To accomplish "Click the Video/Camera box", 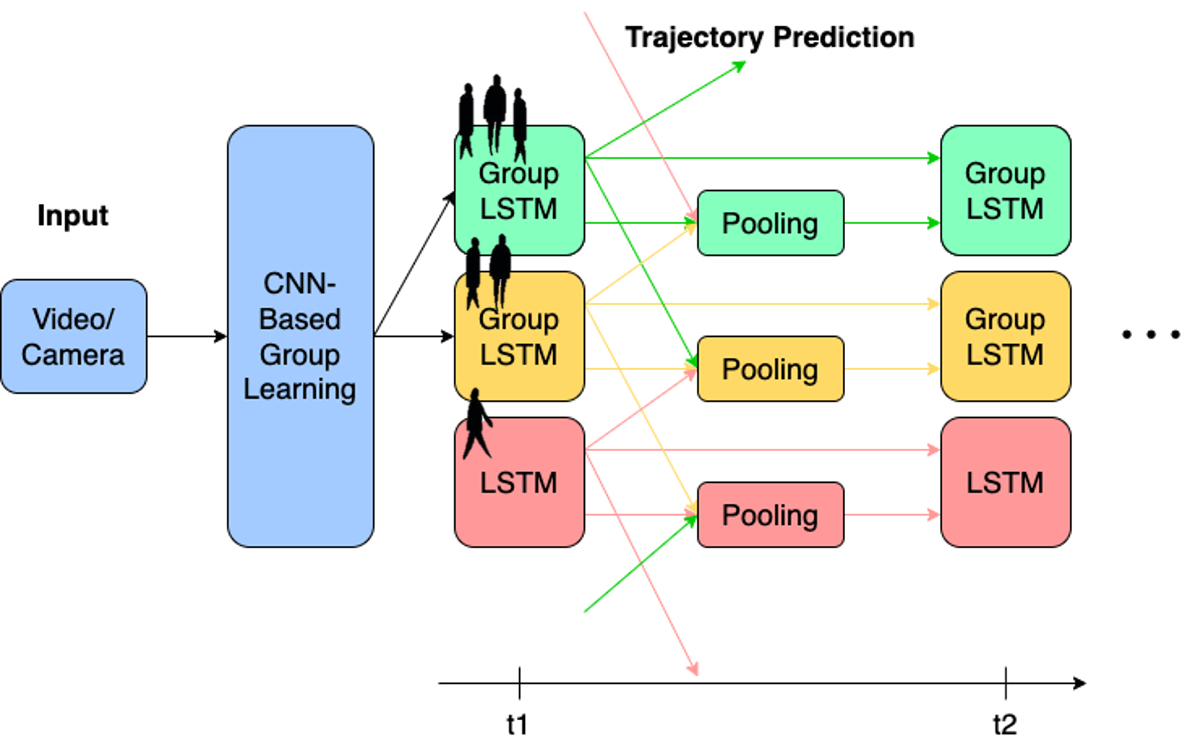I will [x=73, y=336].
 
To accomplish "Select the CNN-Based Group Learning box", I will [x=300, y=336].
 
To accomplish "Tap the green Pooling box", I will [x=770, y=223].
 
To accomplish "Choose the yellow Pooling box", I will [x=770, y=369].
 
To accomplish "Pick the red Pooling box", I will [x=770, y=515].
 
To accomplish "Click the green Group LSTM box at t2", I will [x=1006, y=191].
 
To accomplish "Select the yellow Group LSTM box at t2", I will [x=1006, y=336].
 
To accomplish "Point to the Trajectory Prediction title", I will [x=769, y=37].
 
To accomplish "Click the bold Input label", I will [x=73, y=216].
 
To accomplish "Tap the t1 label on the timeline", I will [x=517, y=725].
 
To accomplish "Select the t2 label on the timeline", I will [x=1005, y=725].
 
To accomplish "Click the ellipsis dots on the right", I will [x=1151, y=335].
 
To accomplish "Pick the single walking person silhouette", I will [x=476, y=424].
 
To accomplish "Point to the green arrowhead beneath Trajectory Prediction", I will [x=740, y=65].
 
